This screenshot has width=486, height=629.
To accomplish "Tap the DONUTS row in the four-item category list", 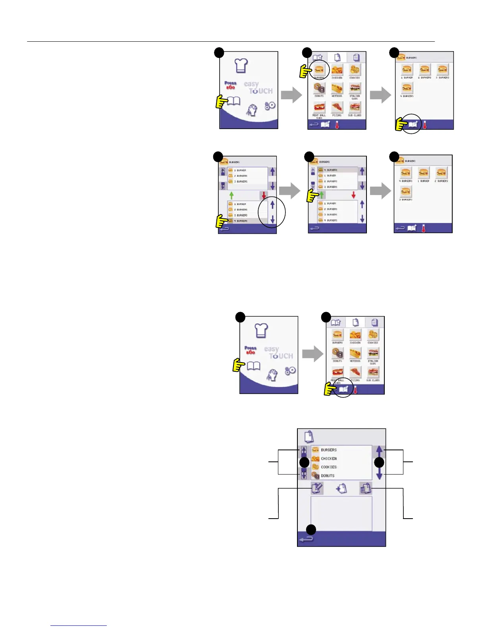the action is (328, 475).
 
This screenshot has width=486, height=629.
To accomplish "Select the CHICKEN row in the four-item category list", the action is (328, 459).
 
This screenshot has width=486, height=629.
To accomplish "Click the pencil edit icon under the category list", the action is (317, 488).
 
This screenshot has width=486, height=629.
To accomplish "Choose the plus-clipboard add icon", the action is (341, 488).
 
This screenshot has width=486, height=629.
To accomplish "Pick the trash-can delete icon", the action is (366, 488).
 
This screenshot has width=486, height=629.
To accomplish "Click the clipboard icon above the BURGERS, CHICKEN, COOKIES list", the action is (309, 437).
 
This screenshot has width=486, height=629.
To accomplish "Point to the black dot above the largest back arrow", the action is (311, 529).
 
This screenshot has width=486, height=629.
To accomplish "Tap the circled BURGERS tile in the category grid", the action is (319, 71).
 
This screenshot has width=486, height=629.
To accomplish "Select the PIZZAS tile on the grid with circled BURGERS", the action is (337, 108).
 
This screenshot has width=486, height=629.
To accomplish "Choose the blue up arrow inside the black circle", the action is (272, 205).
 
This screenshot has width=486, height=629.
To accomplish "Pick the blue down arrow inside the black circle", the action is (272, 219).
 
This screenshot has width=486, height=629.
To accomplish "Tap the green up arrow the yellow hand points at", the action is (322, 195).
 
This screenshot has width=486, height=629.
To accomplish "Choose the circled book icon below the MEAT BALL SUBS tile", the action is (343, 390).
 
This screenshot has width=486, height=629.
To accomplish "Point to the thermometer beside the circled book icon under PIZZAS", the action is (355, 390).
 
